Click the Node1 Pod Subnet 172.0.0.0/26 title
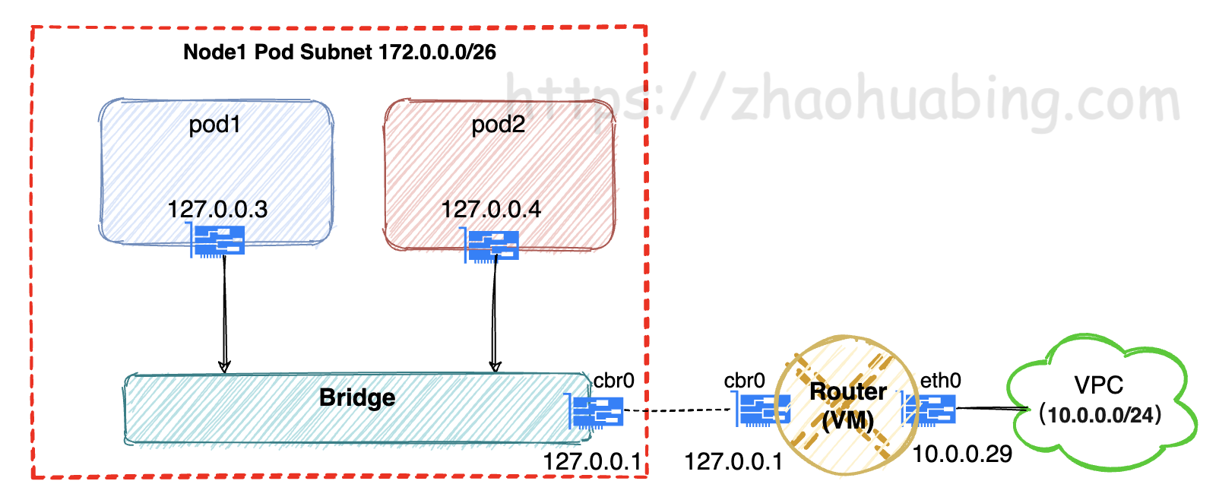340,52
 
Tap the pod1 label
215,124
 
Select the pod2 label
498,124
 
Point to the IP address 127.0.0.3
217,209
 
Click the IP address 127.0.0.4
491,209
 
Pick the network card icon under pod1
217,241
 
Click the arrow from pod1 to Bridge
224,312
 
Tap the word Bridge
357,397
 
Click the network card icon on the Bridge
597,412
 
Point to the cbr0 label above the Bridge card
613,380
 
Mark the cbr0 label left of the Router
744,380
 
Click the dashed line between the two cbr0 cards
679,411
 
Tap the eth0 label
940,380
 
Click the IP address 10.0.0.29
962,454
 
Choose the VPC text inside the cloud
1098,385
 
